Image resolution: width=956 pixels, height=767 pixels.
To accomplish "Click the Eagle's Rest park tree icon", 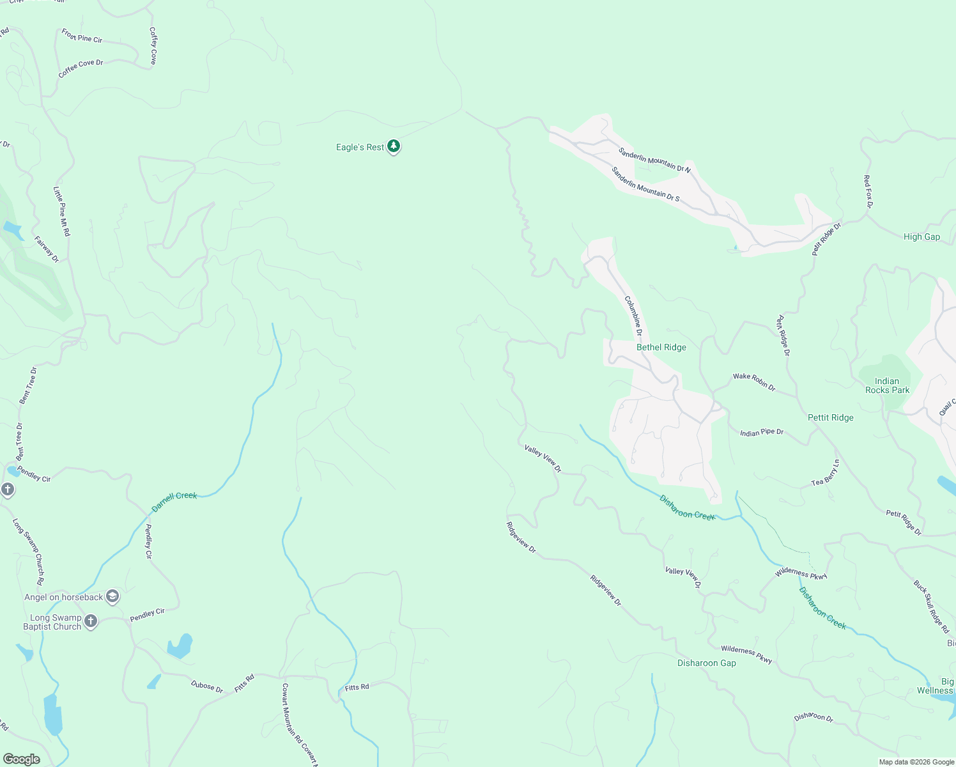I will click(x=394, y=147).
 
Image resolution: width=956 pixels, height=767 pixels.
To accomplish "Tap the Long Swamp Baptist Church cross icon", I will click(x=91, y=621).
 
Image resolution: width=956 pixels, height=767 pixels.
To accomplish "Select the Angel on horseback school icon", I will click(x=112, y=597).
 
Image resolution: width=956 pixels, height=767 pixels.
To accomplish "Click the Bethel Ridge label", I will click(x=661, y=347).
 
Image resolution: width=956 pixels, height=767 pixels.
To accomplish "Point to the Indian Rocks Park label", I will click(x=887, y=385).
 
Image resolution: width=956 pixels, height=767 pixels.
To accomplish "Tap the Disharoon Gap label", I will click(x=706, y=663).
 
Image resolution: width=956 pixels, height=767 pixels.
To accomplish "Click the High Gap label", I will click(x=921, y=236).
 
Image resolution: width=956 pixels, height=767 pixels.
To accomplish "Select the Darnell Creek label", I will click(x=174, y=502).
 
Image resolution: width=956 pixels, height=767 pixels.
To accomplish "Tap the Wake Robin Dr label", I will click(x=753, y=382).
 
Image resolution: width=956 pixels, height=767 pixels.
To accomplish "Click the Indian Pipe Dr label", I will click(x=761, y=433).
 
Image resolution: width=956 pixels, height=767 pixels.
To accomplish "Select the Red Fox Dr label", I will click(x=867, y=192).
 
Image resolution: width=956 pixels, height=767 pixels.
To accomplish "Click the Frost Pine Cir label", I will click(x=82, y=36).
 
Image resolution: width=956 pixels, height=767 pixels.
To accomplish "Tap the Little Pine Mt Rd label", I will click(x=61, y=212).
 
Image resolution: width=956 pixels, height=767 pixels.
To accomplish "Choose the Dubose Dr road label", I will click(x=207, y=686).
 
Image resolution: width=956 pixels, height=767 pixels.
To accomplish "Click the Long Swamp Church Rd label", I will click(x=28, y=552).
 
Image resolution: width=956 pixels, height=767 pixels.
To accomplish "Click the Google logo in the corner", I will click(x=21, y=759).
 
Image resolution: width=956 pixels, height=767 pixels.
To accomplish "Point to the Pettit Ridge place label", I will click(x=830, y=417).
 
